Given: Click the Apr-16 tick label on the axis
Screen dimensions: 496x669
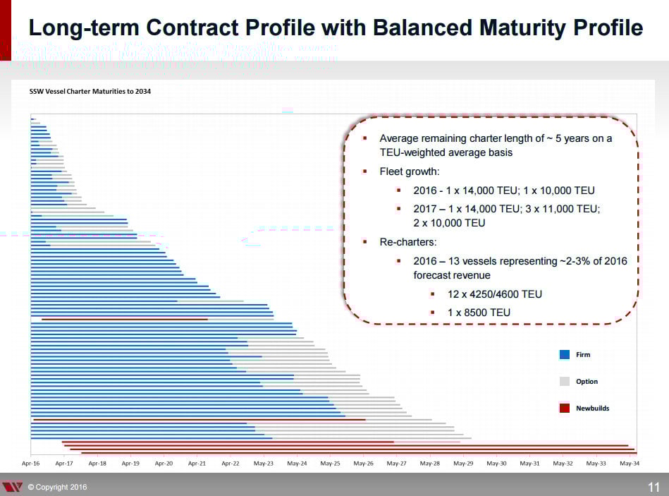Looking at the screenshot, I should pyautogui.click(x=30, y=464).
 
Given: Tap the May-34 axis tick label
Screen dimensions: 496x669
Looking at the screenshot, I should pyautogui.click(x=630, y=464).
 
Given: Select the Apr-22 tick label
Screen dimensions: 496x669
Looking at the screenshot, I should pyautogui.click(x=231, y=464).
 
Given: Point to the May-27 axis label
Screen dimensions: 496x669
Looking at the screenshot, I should pyautogui.click(x=397, y=464).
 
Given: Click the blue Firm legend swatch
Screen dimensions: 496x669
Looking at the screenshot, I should pyautogui.click(x=564, y=355).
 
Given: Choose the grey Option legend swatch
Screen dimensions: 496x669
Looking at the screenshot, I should pyautogui.click(x=564, y=382).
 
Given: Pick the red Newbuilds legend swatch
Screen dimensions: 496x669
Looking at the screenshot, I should pyautogui.click(x=564, y=408).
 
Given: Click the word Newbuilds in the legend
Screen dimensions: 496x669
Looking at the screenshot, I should pyautogui.click(x=592, y=409).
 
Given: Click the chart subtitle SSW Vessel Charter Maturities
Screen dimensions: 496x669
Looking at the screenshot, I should pyautogui.click(x=90, y=91).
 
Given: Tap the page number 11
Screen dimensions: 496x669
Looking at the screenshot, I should pyautogui.click(x=653, y=487).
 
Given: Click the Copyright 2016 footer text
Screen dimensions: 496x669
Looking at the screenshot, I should pyautogui.click(x=57, y=487).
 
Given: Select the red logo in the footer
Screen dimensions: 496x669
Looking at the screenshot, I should pyautogui.click(x=13, y=487).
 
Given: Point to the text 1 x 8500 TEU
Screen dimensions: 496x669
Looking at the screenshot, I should pyautogui.click(x=479, y=313).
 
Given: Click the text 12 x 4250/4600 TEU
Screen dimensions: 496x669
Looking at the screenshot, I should pyautogui.click(x=495, y=294).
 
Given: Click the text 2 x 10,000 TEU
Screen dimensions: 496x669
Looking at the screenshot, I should pyautogui.click(x=449, y=223).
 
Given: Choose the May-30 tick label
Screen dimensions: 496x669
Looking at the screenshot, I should pyautogui.click(x=496, y=464).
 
